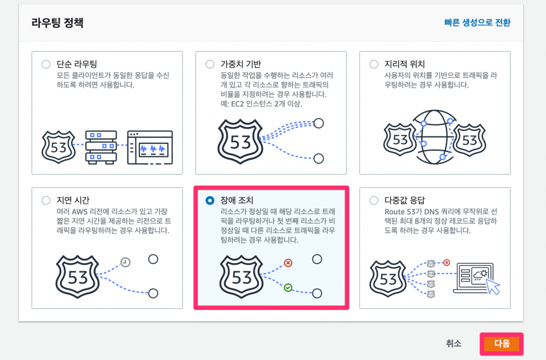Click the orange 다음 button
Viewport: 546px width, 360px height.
pos(502,344)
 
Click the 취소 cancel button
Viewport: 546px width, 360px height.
pos(453,344)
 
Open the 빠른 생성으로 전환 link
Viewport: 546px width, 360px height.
pos(477,23)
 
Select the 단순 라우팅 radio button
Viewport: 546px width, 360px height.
pos(46,64)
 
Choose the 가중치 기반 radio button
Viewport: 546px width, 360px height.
pos(210,64)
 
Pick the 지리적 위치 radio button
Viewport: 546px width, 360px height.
pos(374,64)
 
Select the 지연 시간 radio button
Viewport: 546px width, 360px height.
pos(46,201)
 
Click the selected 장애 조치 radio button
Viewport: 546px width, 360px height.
pos(210,201)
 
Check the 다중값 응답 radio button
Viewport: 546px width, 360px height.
pos(374,201)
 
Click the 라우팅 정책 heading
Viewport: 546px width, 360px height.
pos(57,23)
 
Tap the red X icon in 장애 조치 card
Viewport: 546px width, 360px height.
pos(288,263)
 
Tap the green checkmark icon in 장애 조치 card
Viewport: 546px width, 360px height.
pos(288,288)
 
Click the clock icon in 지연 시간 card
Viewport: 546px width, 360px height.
pos(125,262)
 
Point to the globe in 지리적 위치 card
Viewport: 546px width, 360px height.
pos(434,137)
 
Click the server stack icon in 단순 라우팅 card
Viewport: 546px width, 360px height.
pos(101,147)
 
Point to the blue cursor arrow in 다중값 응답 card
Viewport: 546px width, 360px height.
pos(493,286)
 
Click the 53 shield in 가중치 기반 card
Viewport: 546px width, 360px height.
pos(240,142)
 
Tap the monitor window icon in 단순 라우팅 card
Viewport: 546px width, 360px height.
pos(150,147)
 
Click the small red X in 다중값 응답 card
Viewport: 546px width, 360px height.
pos(447,263)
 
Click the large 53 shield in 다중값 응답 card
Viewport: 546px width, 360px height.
pos(388,279)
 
